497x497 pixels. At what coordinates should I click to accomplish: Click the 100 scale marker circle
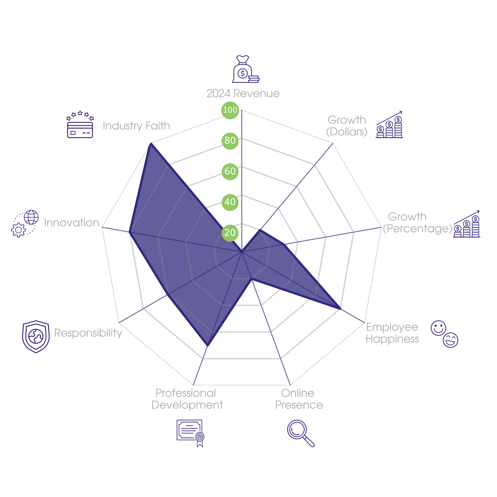[230, 110]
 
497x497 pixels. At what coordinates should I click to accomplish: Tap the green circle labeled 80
[230, 140]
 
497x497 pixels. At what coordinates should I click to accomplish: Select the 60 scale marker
[230, 171]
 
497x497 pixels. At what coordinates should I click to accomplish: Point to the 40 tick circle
[230, 202]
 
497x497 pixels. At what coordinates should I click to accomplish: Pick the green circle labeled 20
[230, 232]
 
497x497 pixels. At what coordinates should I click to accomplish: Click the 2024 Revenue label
[243, 93]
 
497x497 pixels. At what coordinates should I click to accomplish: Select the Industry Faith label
[136, 126]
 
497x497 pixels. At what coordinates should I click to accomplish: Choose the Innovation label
[71, 223]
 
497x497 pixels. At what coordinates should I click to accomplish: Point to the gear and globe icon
[25, 224]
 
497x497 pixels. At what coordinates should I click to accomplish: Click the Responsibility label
[88, 333]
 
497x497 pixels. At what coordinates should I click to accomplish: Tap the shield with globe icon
[36, 337]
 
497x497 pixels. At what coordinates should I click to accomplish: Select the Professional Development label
[187, 399]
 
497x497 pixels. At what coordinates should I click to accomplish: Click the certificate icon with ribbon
[190, 432]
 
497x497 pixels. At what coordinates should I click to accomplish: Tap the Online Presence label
[299, 399]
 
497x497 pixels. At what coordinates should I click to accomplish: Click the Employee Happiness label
[392, 333]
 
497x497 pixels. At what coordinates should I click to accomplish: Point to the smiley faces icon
[444, 334]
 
